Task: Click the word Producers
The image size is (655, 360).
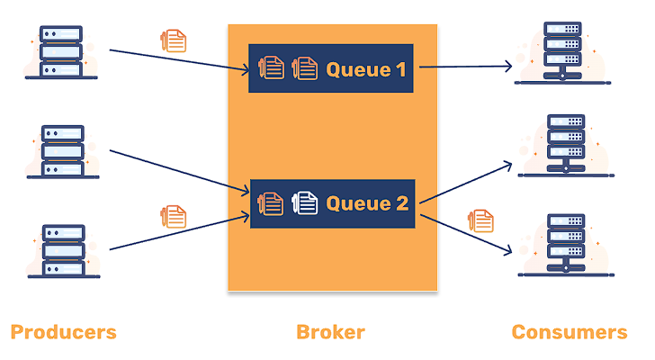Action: click(x=63, y=332)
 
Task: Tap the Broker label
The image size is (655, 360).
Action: click(x=330, y=332)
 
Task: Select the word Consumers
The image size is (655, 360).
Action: click(x=570, y=332)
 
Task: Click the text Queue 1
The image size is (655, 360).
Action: click(x=365, y=68)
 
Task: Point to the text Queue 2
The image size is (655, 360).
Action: click(x=367, y=203)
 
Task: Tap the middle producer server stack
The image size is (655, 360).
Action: click(x=62, y=151)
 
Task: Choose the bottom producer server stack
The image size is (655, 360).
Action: click(x=62, y=250)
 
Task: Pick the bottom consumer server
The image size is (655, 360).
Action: click(x=563, y=243)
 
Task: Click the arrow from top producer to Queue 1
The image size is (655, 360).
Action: click(x=180, y=58)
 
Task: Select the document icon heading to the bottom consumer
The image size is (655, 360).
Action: click(x=482, y=219)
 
